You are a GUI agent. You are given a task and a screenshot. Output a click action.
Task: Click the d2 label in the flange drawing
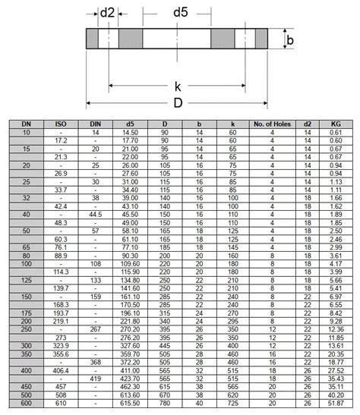tap(107, 12)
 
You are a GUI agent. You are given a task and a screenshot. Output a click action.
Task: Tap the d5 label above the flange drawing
tap(180, 12)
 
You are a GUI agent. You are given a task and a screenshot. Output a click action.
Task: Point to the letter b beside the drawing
tap(289, 39)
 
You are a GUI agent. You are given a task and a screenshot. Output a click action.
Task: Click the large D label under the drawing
tap(177, 103)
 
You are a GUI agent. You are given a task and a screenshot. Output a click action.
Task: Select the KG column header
tap(336, 123)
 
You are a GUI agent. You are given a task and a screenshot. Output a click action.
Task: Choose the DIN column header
tap(96, 123)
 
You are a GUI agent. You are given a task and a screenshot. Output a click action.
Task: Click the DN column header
tap(26, 123)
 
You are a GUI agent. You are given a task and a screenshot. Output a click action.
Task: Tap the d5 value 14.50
tap(131, 132)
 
